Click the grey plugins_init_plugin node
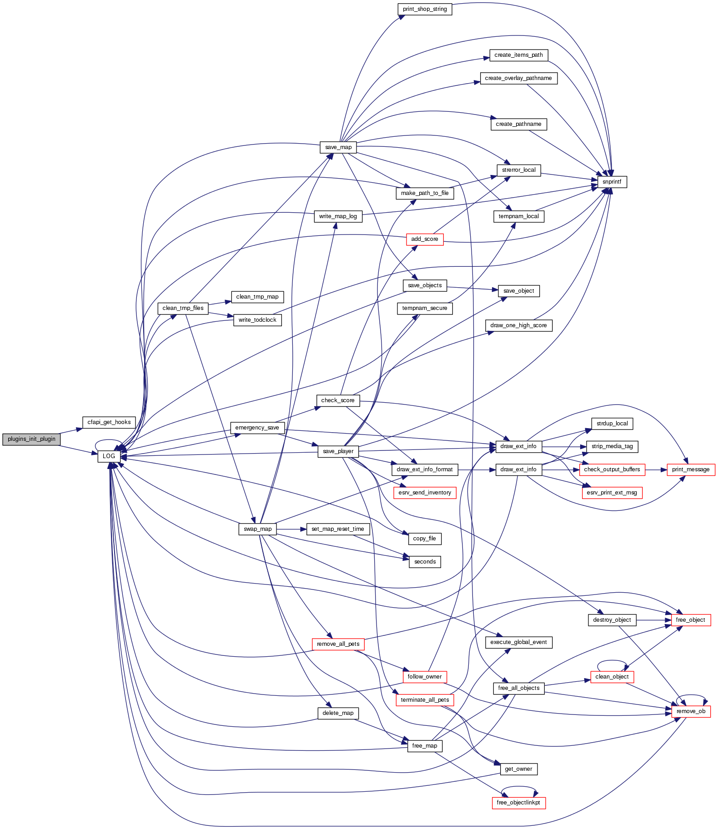point(31,439)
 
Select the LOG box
point(109,456)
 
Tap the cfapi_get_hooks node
point(109,422)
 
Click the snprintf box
point(612,182)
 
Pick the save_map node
point(338,147)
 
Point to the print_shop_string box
point(425,9)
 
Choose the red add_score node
point(424,239)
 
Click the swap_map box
point(257,529)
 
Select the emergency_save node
point(257,428)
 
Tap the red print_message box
point(691,469)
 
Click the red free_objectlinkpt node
point(518,803)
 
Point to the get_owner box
point(518,769)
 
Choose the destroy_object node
point(612,620)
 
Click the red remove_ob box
point(691,711)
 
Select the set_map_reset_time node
point(338,529)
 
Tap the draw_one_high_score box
point(518,325)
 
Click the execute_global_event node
point(518,642)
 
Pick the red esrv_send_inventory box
point(425,493)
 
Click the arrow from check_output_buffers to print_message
point(656,469)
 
